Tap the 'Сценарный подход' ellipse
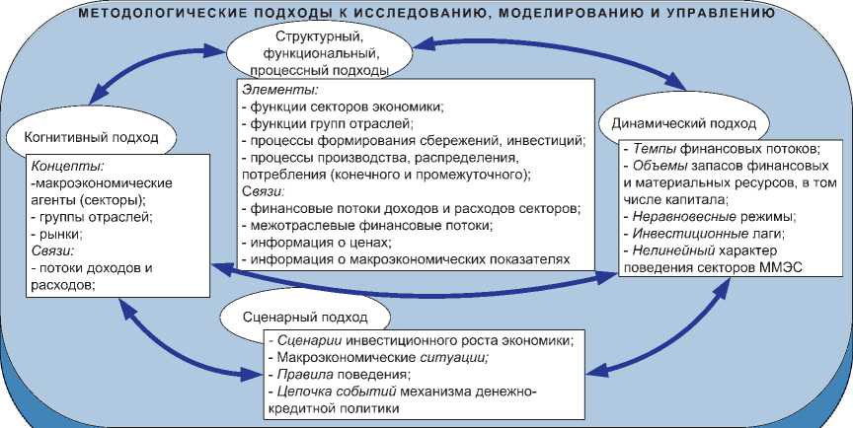pos(305,318)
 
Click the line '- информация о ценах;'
pos(315,243)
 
